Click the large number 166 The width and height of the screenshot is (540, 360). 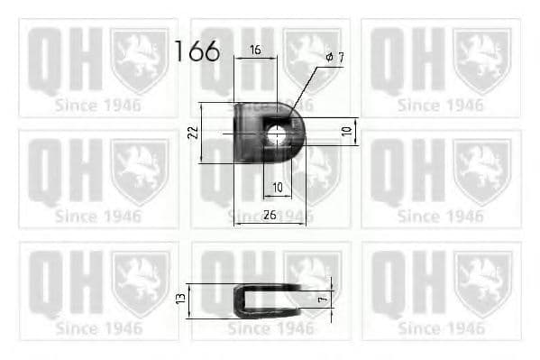point(197,51)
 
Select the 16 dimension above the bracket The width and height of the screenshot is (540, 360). point(255,51)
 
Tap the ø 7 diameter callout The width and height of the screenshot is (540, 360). point(334,58)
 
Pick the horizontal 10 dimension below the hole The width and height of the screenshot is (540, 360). point(277,187)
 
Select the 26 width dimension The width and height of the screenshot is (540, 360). point(270,215)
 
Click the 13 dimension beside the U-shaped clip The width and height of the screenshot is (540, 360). point(180,297)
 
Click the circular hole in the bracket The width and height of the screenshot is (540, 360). point(277,136)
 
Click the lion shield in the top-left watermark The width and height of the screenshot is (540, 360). point(139,60)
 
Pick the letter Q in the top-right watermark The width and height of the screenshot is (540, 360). point(389,60)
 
